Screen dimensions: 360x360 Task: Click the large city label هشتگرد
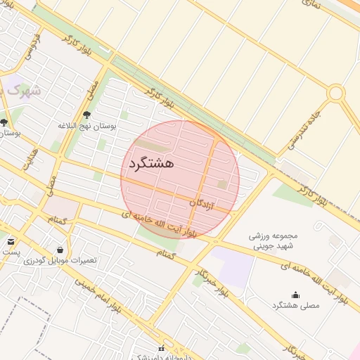(150, 163)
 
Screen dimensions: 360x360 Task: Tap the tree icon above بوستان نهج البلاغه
(87, 115)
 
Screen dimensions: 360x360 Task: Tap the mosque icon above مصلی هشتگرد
(295, 295)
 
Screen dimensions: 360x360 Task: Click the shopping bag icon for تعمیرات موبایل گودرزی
(59, 249)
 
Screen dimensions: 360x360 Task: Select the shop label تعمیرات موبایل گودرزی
(59, 260)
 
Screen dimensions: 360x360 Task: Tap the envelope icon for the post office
(11, 241)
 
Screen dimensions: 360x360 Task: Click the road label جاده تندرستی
(304, 129)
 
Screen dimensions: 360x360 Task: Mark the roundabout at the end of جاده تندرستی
(336, 93)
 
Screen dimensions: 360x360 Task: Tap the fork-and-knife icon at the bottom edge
(162, 348)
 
